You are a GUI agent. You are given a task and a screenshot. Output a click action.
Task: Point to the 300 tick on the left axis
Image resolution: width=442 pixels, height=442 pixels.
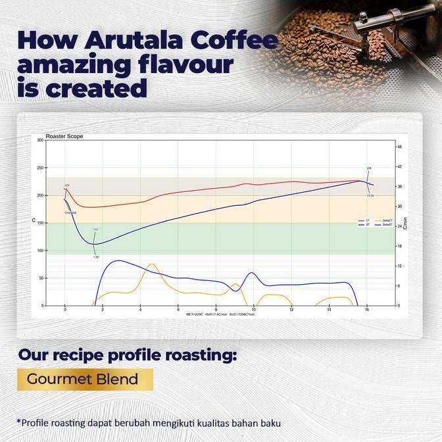[x=40, y=140]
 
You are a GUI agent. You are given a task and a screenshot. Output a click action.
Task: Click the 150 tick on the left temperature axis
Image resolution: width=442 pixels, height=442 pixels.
[x=40, y=223]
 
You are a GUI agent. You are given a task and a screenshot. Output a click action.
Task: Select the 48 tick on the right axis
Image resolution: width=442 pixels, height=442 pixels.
[x=399, y=147]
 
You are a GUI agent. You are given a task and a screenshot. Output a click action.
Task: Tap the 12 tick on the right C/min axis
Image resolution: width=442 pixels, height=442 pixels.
[x=399, y=266]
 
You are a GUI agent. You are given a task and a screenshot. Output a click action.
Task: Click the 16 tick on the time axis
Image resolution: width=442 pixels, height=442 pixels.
[x=366, y=310]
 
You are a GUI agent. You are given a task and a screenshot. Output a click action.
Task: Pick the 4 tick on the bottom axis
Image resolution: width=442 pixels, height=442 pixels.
[x=140, y=310]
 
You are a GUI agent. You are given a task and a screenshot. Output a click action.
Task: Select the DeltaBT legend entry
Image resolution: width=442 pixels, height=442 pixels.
[x=387, y=225]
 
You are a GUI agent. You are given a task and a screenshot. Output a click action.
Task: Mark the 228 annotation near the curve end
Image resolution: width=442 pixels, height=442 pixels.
[x=369, y=168]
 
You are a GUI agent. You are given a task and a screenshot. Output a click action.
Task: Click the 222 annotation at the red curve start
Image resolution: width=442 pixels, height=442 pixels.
[x=67, y=186]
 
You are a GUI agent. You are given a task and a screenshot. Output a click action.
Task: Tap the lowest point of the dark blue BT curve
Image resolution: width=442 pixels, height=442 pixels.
[x=95, y=245]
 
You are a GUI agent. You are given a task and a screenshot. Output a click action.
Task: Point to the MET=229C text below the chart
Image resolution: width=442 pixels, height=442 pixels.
[x=195, y=315]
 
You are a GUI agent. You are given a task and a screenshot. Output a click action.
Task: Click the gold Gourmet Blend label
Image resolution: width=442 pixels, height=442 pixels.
[x=82, y=379]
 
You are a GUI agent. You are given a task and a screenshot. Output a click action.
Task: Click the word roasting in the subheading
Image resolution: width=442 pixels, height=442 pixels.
[x=197, y=356]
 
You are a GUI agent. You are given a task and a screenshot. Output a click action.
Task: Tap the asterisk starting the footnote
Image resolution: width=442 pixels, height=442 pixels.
[x=19, y=422]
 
